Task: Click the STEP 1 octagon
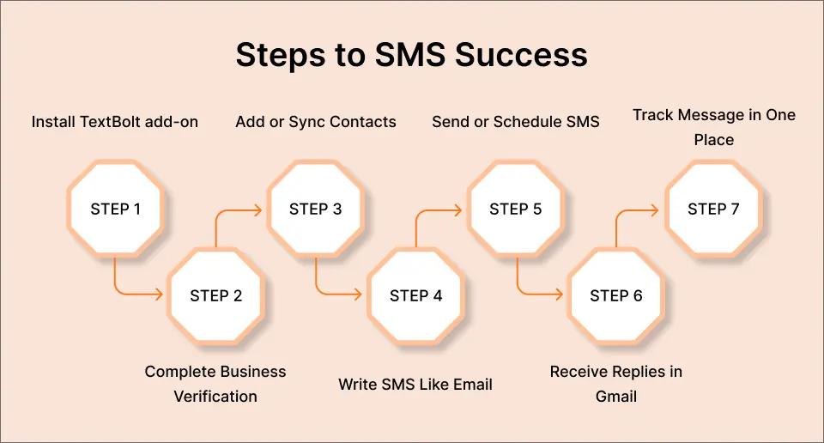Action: coord(115,209)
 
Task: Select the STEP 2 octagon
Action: coord(215,295)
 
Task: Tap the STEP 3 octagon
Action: coord(315,209)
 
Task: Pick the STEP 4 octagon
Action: coord(415,295)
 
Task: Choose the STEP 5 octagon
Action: coord(515,209)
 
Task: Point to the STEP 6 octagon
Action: coord(615,295)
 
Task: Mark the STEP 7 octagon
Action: coord(713,209)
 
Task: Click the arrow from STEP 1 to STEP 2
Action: coord(129,294)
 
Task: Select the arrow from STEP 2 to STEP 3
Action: coord(232,209)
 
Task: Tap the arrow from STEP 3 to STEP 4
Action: coord(330,294)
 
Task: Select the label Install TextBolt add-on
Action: coord(115,122)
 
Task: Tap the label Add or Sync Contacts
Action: coord(316,122)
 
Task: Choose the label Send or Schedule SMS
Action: coord(515,122)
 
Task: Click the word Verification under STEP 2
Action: coord(215,397)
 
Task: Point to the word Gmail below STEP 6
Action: coord(615,397)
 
